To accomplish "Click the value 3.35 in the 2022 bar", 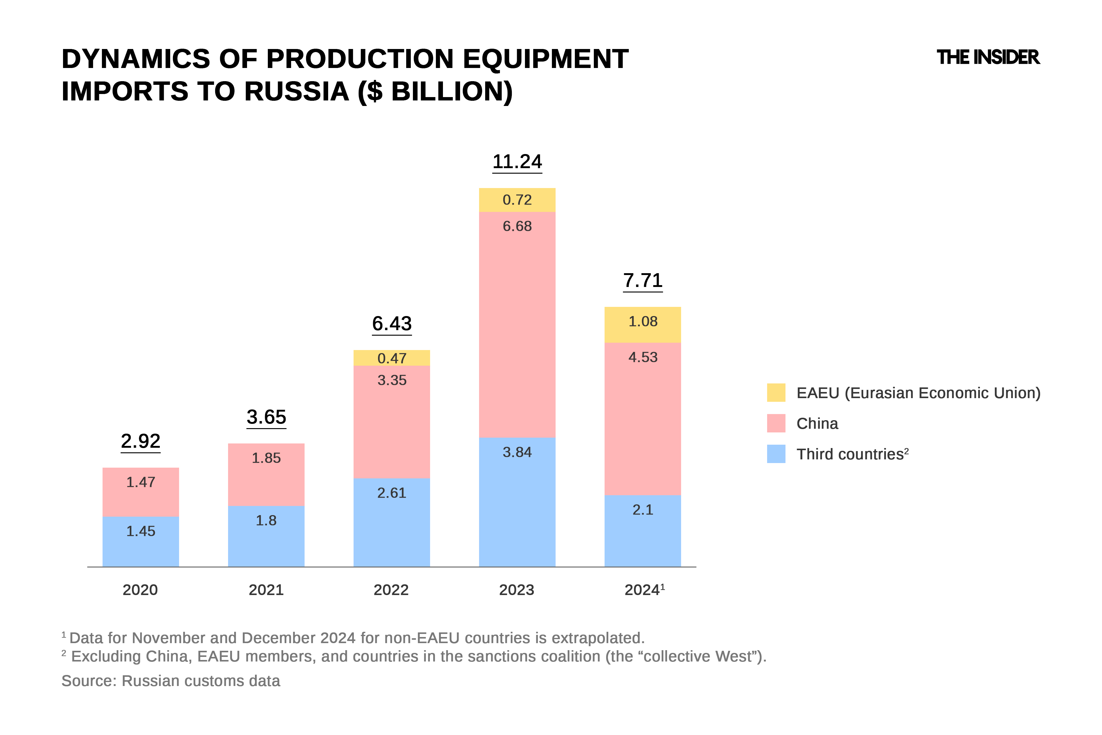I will [x=392, y=380].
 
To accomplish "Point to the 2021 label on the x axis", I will [x=266, y=590].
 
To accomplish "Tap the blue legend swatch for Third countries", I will [x=776, y=454].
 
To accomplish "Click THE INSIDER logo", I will [x=988, y=58].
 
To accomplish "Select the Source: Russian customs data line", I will [x=171, y=680].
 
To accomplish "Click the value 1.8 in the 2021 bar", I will [x=266, y=520].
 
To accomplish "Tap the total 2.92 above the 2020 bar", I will [x=141, y=441].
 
